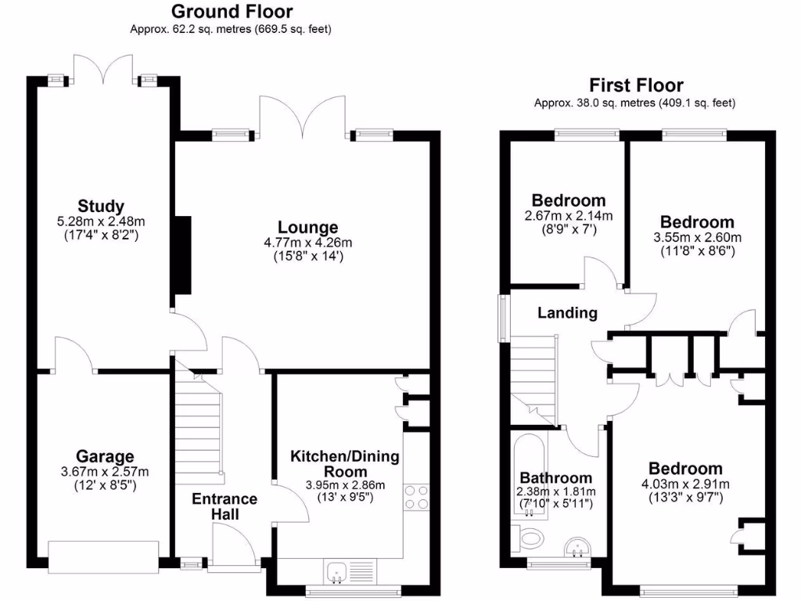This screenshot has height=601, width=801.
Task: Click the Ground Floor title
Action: click(x=232, y=12)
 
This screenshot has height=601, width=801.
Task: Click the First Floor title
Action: click(x=636, y=85)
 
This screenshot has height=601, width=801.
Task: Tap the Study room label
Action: click(x=101, y=207)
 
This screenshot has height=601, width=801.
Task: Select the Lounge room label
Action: click(x=307, y=228)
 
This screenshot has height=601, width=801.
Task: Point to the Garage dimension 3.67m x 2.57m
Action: click(x=105, y=472)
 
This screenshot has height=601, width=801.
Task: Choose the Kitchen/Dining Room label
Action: click(x=345, y=464)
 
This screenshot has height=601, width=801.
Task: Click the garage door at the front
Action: click(x=103, y=552)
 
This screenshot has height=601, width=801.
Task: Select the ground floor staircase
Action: click(x=198, y=426)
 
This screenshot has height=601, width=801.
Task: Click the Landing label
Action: click(x=567, y=313)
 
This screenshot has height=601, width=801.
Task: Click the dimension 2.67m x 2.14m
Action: click(x=568, y=216)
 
